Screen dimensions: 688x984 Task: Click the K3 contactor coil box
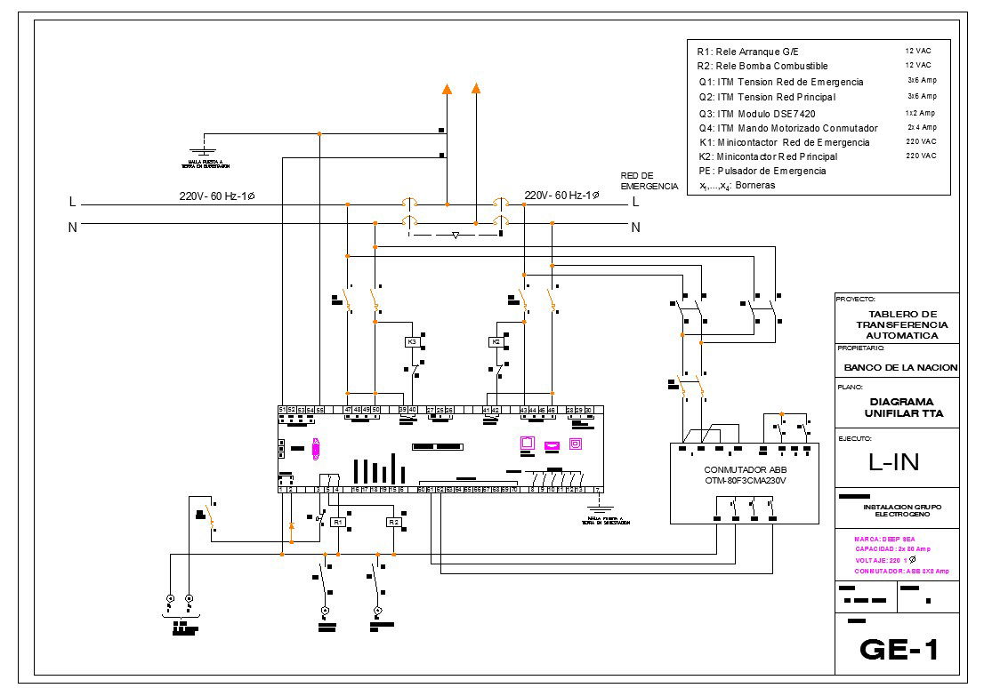[x=411, y=341]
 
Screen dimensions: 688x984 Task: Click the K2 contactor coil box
[x=496, y=341]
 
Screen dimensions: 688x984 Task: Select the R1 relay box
[x=338, y=523]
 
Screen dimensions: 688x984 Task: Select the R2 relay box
[x=393, y=523]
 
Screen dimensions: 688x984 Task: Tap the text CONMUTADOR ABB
[x=746, y=469]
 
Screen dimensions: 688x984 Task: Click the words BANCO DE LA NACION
[x=900, y=367]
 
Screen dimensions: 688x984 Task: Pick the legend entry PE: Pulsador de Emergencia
[x=762, y=171]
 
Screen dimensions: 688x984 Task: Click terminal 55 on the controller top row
[x=319, y=409]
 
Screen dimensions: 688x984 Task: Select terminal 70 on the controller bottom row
[x=514, y=490]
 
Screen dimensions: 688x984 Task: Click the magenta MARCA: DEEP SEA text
[x=884, y=539]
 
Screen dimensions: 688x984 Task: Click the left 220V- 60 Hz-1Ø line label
[x=216, y=196]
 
